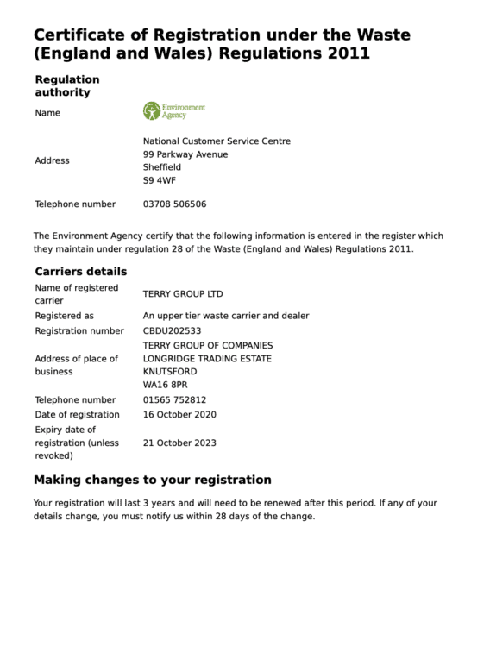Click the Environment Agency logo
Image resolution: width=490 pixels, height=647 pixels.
pos(173,111)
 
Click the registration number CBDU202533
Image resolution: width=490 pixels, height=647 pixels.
pos(172,330)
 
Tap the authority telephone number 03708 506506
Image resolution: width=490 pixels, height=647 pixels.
pos(174,204)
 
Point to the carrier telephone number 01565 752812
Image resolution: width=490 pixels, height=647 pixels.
pos(174,399)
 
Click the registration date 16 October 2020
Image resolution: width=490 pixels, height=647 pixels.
pos(179,414)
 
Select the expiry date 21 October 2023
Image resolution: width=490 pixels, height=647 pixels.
pos(179,443)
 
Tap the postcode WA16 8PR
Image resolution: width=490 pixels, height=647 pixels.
pos(163,385)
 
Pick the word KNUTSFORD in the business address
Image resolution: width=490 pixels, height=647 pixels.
pos(170,371)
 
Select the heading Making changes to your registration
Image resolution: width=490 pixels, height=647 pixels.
pos(152,480)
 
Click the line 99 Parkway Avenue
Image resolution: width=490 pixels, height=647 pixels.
pos(185,154)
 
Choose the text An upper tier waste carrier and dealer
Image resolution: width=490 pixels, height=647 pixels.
pos(225,316)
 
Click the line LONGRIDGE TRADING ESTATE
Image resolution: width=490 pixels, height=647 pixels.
pos(207,358)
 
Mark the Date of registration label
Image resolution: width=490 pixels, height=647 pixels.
pos(77,414)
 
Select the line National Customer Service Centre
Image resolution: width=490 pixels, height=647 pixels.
pos(217,141)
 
